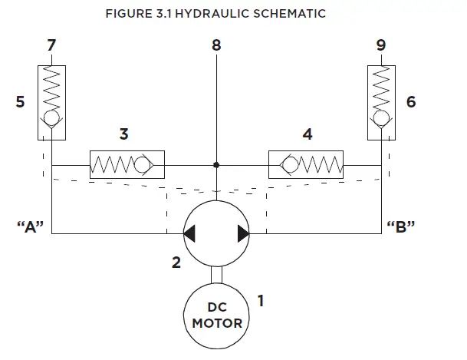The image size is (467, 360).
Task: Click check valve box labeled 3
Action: (x=127, y=164)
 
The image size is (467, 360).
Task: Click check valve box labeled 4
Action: (x=306, y=164)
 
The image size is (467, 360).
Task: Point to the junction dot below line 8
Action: (x=217, y=164)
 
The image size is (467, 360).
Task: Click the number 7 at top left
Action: (x=51, y=45)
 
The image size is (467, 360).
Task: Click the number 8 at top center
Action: (x=217, y=45)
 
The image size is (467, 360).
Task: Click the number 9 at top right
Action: (x=381, y=45)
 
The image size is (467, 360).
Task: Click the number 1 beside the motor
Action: (x=260, y=301)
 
